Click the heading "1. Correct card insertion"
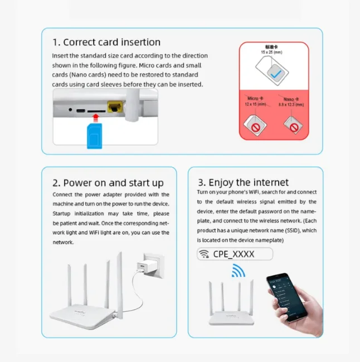(106, 42)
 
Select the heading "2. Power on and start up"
(108, 183)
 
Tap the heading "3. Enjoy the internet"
(243, 182)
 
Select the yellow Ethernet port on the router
(115, 106)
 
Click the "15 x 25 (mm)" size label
(272, 52)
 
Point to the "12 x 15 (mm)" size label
(254, 104)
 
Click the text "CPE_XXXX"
(234, 254)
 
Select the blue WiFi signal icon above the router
(239, 272)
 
